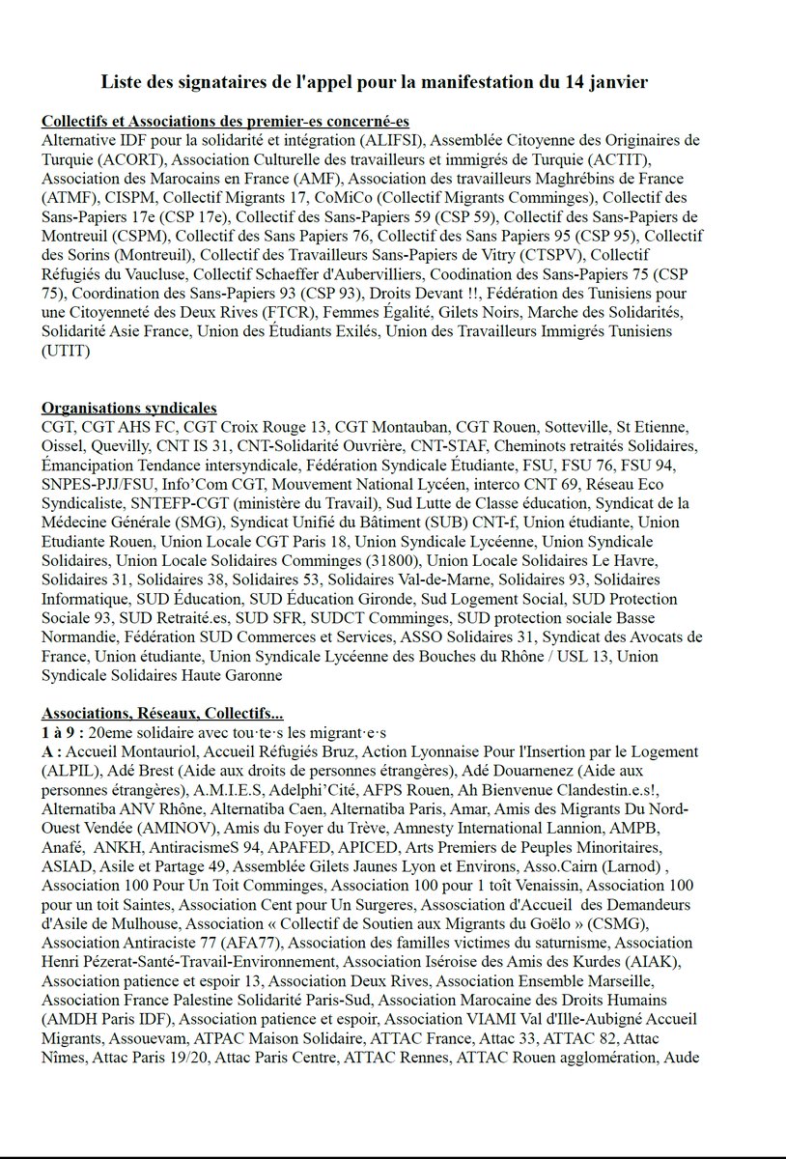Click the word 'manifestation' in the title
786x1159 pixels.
tap(469, 83)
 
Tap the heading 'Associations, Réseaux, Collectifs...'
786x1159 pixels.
tap(162, 714)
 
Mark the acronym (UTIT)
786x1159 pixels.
tap(66, 352)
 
